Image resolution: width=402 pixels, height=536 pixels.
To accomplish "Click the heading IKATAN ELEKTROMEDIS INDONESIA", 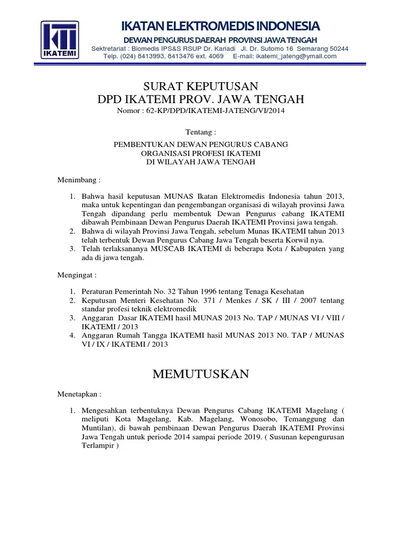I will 220,26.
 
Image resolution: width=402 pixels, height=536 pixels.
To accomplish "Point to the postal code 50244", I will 337,49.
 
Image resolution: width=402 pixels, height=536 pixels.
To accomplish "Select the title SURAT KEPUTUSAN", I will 201,86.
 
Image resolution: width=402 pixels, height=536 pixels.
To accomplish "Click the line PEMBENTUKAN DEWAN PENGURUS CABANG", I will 201,144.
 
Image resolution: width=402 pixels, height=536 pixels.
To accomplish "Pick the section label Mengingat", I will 76,274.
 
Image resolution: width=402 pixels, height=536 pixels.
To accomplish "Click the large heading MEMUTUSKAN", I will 201,374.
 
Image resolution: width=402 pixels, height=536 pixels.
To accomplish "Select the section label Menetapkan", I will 79,393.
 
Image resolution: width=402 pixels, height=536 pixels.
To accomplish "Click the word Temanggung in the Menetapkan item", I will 307,419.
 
